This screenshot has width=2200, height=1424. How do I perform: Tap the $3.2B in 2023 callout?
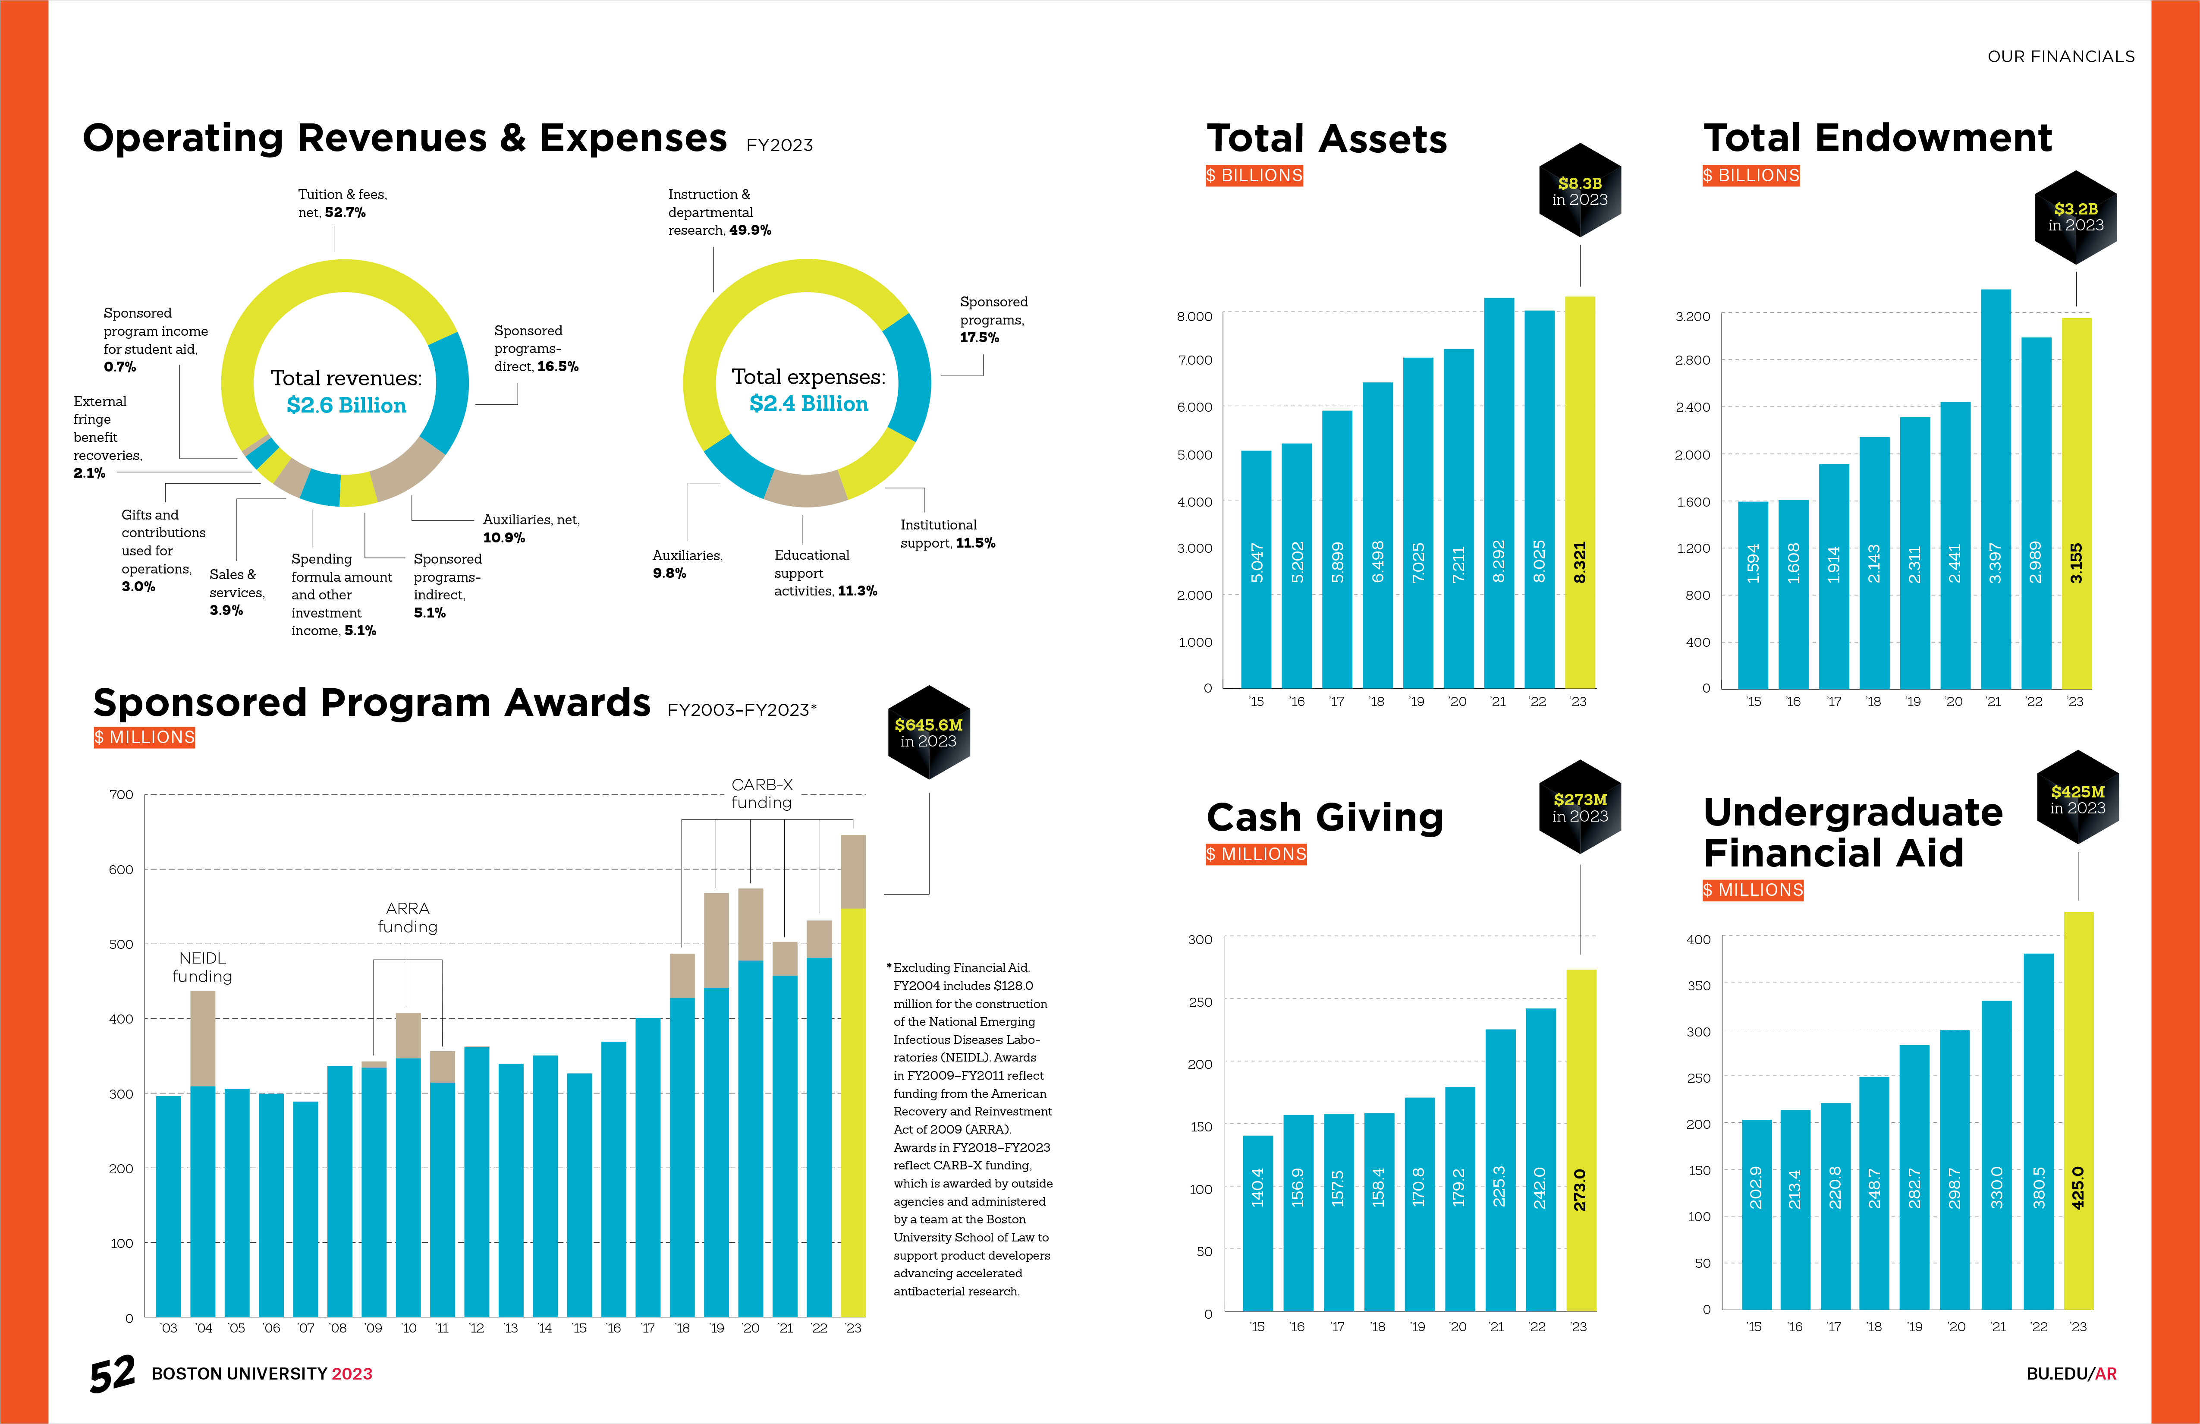tap(2076, 217)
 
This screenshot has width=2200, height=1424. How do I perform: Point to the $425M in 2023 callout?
tap(2078, 800)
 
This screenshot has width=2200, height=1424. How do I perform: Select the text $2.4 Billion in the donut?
tap(809, 403)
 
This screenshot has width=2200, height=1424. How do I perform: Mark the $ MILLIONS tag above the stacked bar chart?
tap(144, 737)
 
